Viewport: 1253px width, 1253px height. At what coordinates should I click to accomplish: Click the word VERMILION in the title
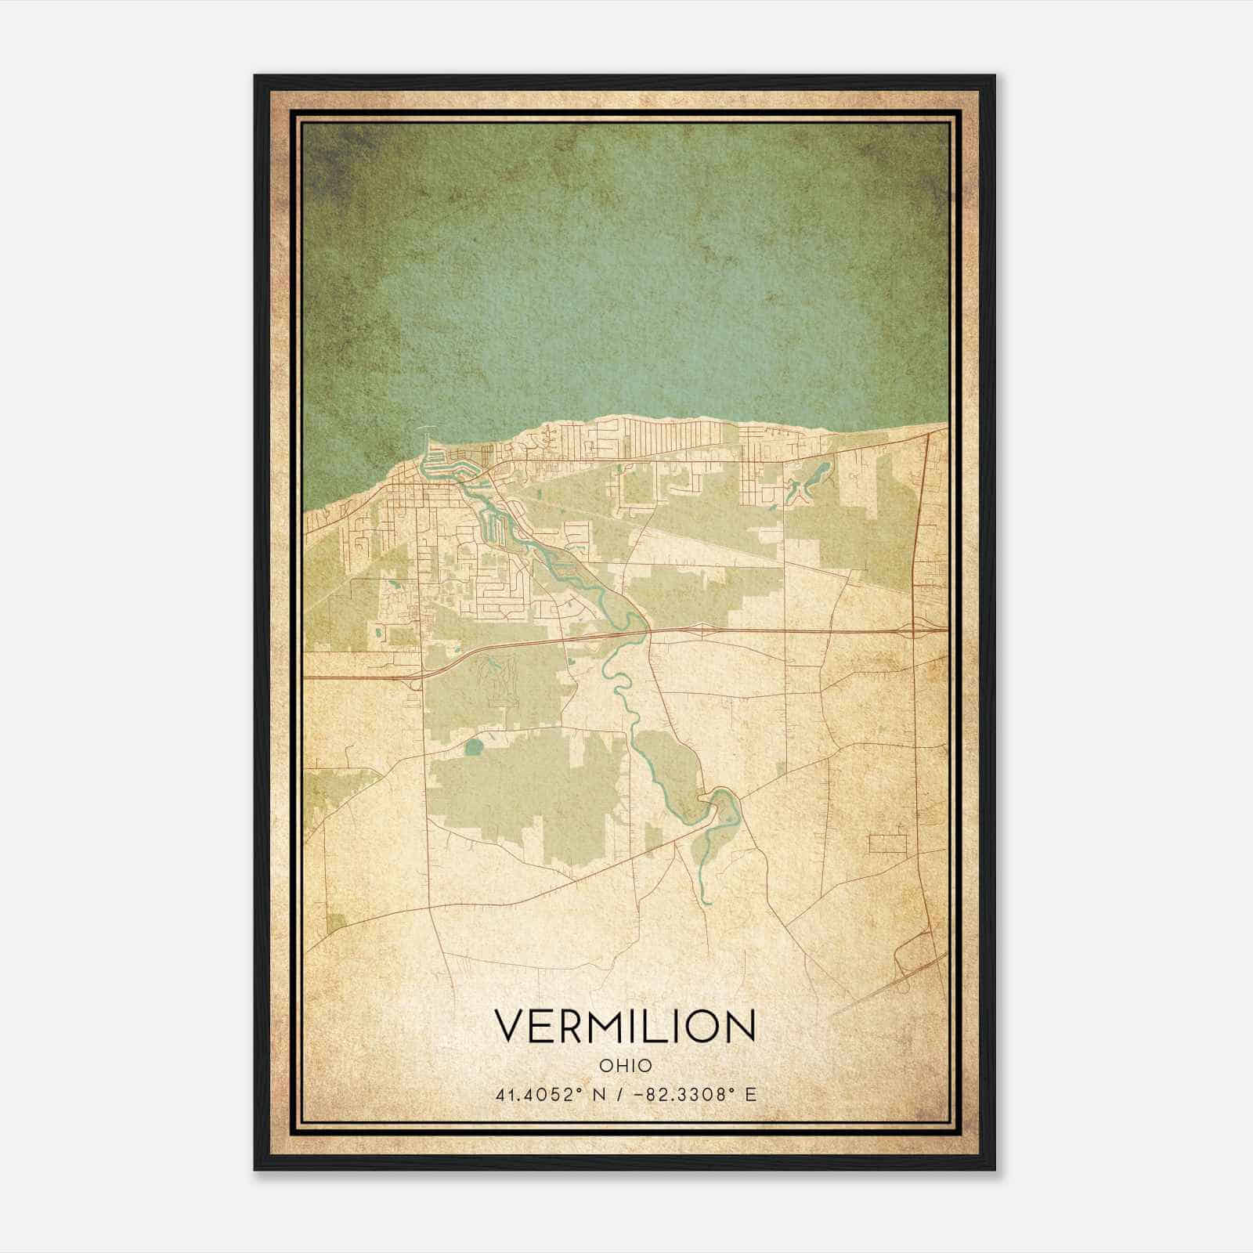pos(625,1027)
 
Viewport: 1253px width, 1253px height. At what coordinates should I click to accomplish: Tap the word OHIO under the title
pos(625,1065)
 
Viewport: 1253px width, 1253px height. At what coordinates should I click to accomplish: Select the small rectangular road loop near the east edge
pos(887,843)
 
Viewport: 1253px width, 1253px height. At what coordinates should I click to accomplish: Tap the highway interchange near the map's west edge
pos(413,679)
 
